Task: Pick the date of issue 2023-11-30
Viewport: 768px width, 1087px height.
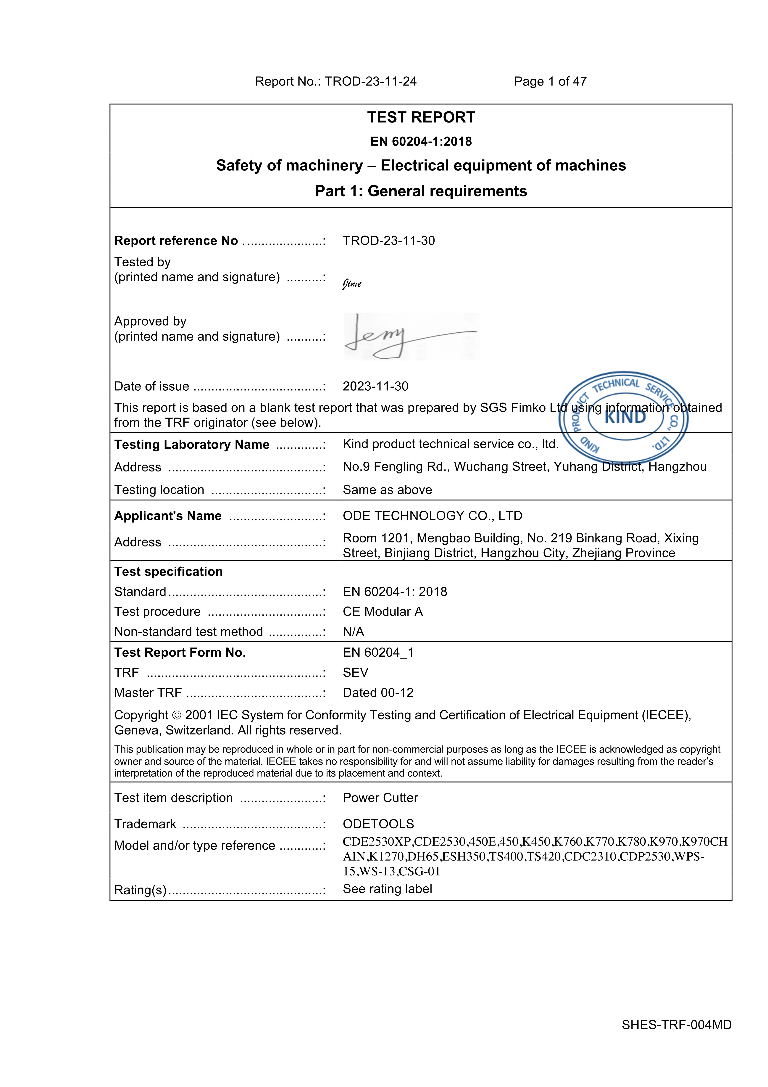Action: pyautogui.click(x=375, y=386)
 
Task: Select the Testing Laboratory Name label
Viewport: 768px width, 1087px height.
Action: pyautogui.click(x=192, y=445)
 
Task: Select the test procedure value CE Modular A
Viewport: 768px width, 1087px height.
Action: pyautogui.click(x=382, y=612)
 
